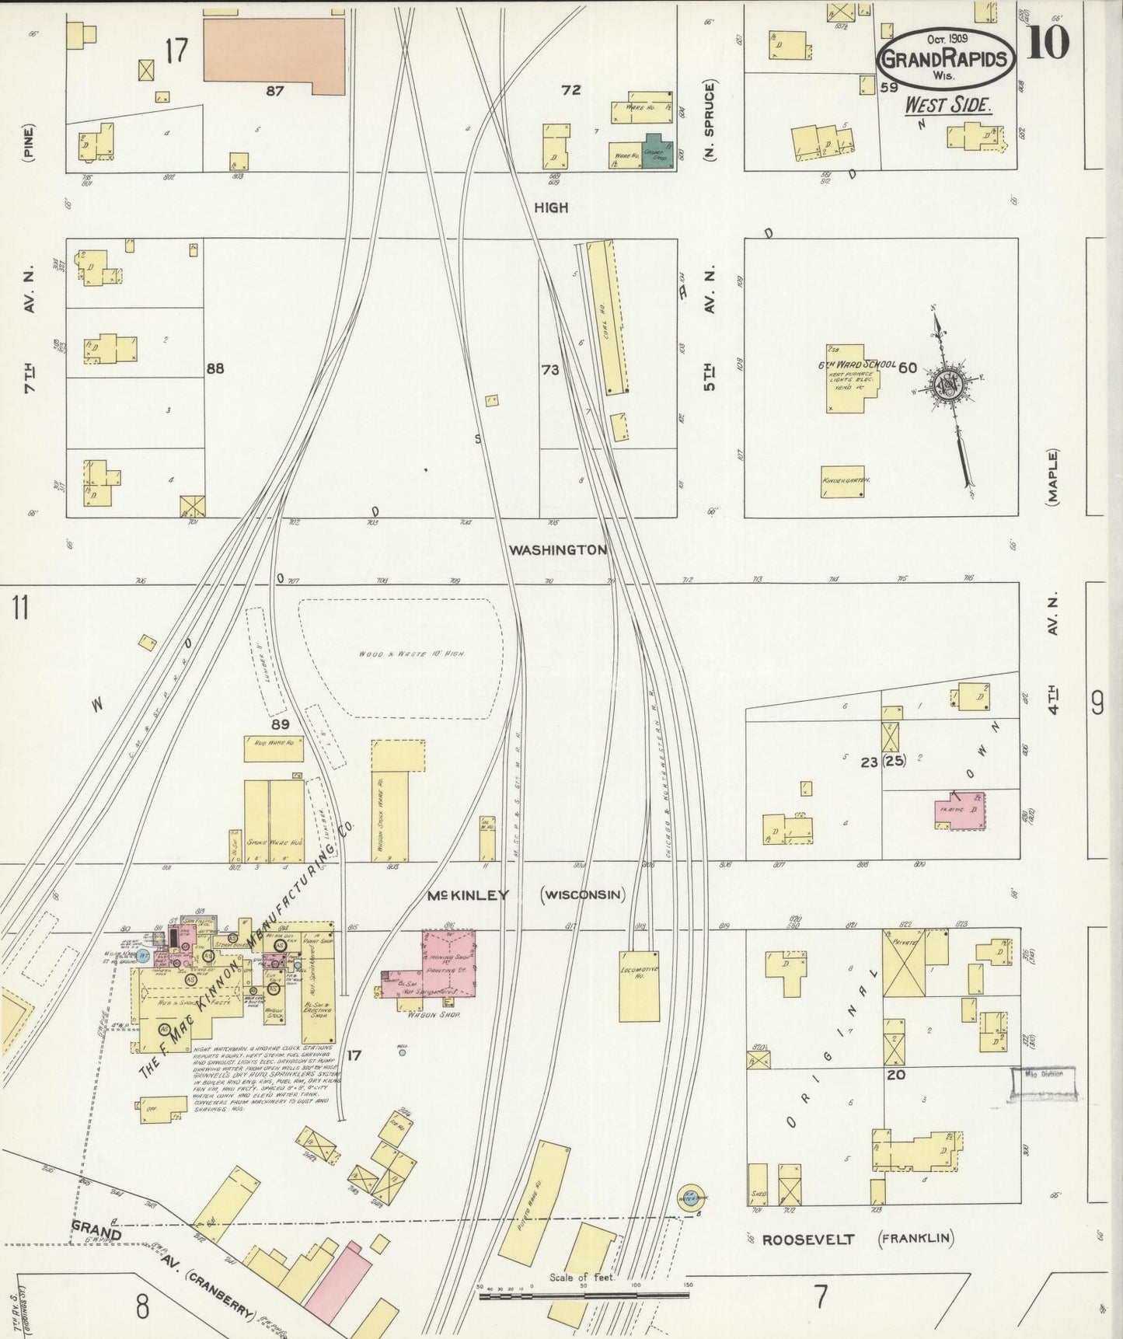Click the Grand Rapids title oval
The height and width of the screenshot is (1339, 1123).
(946, 59)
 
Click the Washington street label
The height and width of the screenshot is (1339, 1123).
(557, 550)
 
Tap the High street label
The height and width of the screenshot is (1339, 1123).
(551, 207)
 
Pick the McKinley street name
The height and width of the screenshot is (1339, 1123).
(468, 895)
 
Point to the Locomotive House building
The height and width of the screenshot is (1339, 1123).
(639, 985)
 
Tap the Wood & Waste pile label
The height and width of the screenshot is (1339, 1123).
(412, 654)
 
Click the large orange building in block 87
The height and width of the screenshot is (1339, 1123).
(274, 51)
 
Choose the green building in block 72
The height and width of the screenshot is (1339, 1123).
(657, 152)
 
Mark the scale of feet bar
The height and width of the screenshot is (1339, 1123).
(584, 1295)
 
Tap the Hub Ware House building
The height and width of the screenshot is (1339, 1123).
(274, 748)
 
